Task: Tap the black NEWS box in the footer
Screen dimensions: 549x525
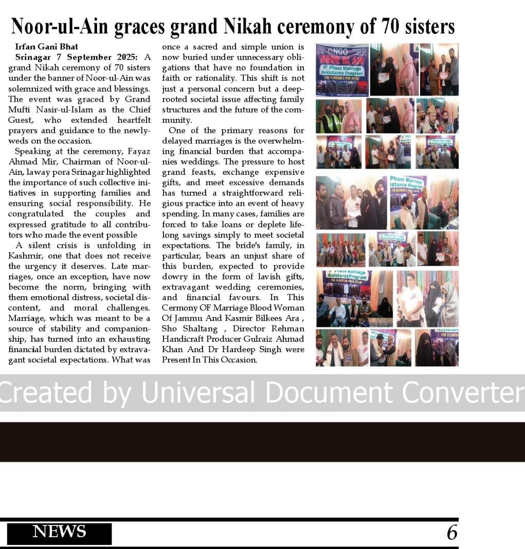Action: (59, 532)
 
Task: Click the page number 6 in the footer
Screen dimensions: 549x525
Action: (451, 533)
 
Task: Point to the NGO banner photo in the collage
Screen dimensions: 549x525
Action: (342, 69)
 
